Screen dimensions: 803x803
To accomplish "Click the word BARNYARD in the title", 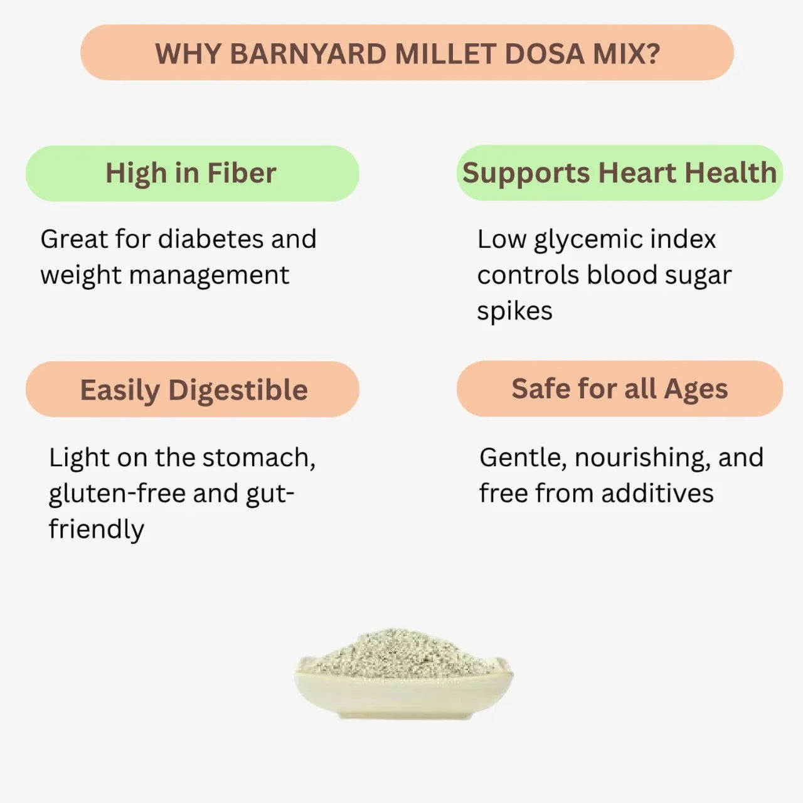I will [x=308, y=54].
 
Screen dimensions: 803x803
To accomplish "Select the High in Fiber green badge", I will [x=191, y=174].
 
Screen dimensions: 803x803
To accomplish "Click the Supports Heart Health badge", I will [x=619, y=173].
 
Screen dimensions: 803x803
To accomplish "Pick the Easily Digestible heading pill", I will [x=193, y=390].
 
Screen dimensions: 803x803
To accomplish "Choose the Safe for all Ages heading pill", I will [x=619, y=389].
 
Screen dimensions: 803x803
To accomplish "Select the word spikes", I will [x=514, y=311].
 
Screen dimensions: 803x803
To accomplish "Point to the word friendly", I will [x=97, y=529].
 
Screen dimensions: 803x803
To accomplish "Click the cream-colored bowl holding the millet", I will [x=401, y=696].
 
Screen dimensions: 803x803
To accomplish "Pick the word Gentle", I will [x=523, y=458].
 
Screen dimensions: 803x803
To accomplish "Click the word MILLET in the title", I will [x=445, y=54].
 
